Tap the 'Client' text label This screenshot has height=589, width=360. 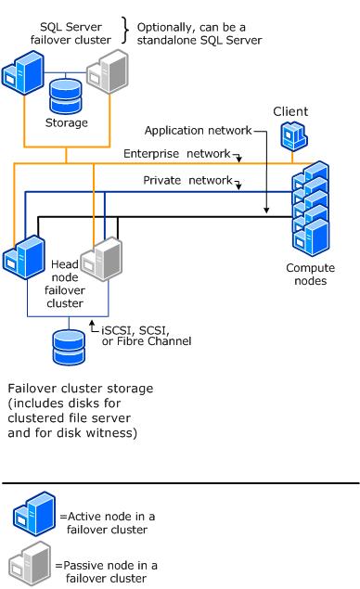coord(289,111)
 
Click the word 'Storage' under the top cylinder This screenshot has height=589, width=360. coord(66,122)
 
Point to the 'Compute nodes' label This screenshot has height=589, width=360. coord(314,275)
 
